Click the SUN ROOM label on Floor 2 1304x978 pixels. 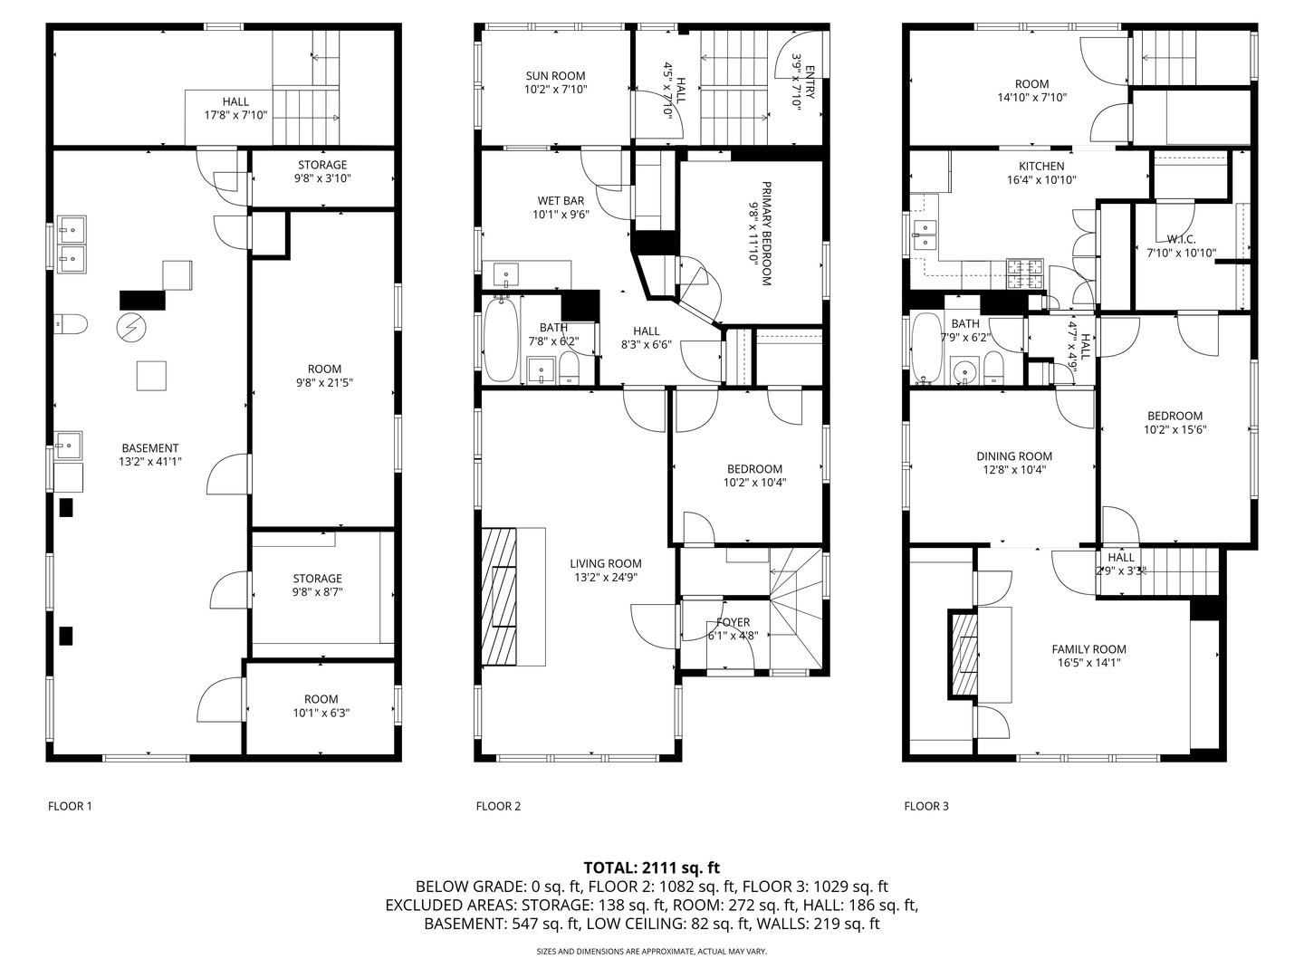point(555,76)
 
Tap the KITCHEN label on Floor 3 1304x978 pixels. point(1041,167)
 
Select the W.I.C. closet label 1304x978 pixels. point(1182,239)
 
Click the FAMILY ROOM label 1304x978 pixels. point(1088,649)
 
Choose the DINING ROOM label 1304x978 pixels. point(1014,456)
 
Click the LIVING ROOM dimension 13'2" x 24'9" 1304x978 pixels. point(606,578)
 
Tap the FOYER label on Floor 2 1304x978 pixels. point(733,622)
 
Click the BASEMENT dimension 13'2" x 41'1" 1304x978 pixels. point(150,462)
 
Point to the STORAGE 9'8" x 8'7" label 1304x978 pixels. point(317,579)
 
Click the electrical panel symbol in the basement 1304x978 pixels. point(130,328)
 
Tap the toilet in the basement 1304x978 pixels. point(71,322)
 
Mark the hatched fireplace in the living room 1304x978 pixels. point(500,596)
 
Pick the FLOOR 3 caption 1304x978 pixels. point(926,806)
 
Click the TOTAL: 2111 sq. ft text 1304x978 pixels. point(651,868)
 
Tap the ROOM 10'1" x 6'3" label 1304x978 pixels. point(321,699)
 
